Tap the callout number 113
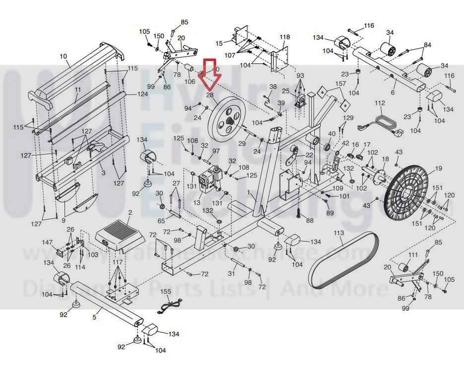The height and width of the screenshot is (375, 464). (x=339, y=233)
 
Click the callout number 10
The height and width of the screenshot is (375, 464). (x=63, y=57)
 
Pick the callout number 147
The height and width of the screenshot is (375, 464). (x=47, y=242)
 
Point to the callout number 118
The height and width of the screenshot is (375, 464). (x=284, y=37)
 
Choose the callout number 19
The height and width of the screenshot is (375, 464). (x=438, y=169)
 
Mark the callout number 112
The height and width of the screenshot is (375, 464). (x=380, y=103)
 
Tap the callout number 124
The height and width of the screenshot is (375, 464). (x=143, y=94)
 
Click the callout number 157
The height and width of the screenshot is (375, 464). (x=341, y=83)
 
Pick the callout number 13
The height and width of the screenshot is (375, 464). (x=197, y=203)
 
